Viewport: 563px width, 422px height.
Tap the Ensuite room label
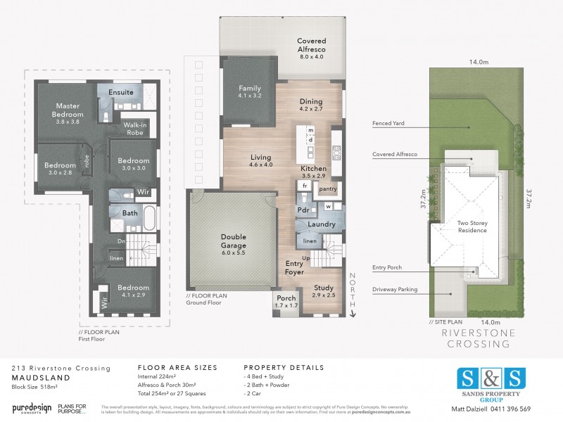click(x=120, y=93)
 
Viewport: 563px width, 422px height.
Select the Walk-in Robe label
click(x=134, y=128)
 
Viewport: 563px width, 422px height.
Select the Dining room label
click(x=310, y=105)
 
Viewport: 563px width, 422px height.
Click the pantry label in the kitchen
click(x=328, y=188)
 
